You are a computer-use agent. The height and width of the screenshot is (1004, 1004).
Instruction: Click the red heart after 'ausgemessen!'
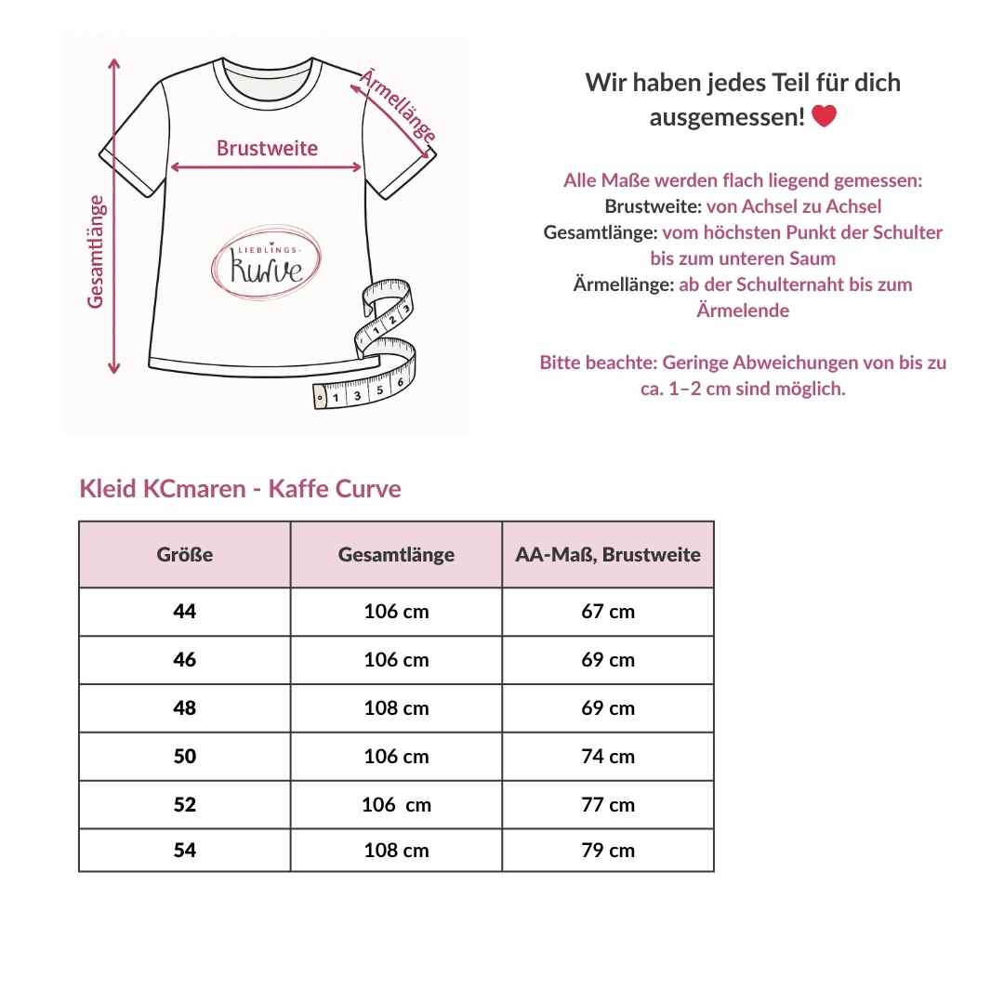coord(824,117)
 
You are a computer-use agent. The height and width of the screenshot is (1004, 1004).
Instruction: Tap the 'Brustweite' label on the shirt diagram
coord(267,148)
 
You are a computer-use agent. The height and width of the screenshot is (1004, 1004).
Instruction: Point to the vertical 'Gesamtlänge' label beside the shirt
coord(96,251)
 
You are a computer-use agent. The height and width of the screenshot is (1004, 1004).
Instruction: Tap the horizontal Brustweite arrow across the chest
coord(267,168)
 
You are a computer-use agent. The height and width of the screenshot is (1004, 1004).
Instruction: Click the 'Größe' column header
coord(185,555)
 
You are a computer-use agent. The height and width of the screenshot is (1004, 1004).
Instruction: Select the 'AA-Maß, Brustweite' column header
coord(608,555)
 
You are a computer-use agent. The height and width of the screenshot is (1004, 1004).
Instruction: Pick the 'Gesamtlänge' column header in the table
coord(396,555)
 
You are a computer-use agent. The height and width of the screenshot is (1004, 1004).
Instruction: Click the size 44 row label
coord(185,612)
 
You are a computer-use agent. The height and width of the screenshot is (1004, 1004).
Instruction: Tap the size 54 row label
coord(185,850)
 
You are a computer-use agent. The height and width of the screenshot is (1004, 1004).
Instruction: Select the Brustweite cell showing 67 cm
coord(608,612)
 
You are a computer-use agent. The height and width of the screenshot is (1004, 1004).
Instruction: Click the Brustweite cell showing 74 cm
coord(608,757)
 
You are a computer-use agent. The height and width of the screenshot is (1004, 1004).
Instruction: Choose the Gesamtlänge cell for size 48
coord(396,708)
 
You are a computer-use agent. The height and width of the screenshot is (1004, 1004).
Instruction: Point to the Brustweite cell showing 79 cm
coord(608,850)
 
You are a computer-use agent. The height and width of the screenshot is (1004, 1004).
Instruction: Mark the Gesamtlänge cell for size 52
coord(396,805)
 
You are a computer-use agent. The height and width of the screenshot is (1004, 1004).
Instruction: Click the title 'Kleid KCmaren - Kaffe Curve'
coord(241,489)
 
